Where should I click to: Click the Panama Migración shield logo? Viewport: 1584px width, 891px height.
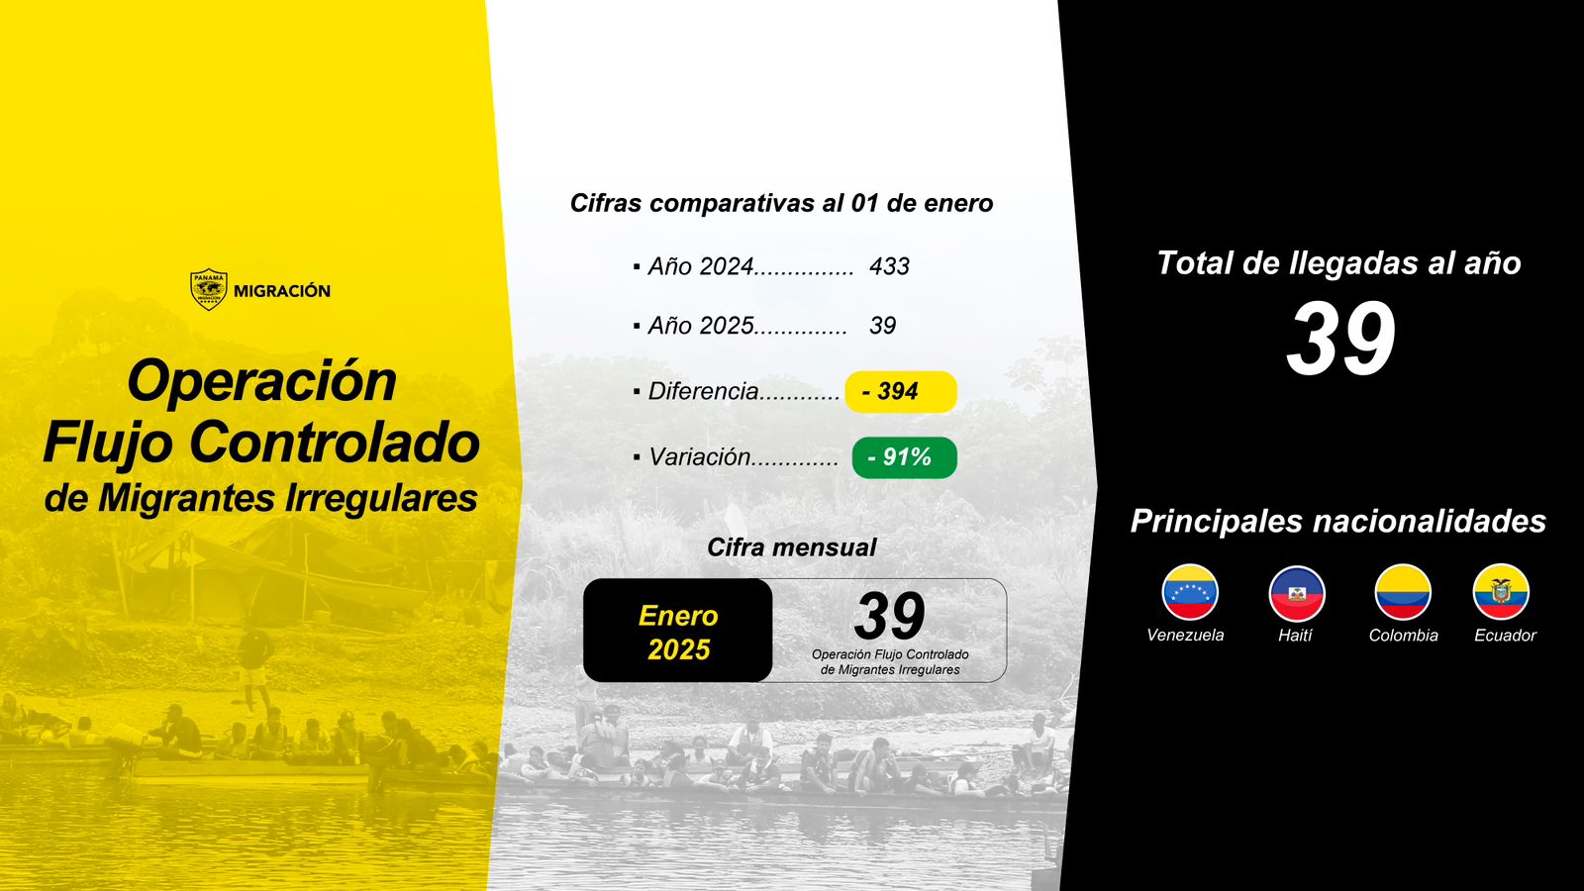point(209,289)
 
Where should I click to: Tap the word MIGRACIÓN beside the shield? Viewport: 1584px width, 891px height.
point(282,291)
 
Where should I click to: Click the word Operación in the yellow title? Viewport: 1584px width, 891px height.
point(261,382)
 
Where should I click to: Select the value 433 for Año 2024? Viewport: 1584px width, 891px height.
point(890,266)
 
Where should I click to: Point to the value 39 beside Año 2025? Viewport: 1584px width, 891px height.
point(882,326)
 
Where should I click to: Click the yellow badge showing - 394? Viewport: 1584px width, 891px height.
point(901,392)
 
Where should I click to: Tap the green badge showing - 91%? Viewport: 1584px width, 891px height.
point(905,457)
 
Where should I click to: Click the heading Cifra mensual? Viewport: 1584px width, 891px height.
point(791,547)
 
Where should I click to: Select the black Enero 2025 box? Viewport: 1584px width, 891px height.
point(677,631)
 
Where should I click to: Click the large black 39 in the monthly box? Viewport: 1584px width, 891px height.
point(890,616)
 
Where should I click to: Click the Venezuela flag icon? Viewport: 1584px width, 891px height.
point(1190,592)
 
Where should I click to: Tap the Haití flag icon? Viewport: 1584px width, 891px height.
point(1297,593)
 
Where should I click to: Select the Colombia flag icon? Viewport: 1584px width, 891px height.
point(1403,592)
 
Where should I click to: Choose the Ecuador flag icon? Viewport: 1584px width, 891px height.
point(1501,592)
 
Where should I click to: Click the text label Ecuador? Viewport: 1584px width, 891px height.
point(1505,635)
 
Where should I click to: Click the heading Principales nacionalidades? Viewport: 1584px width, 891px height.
point(1337,521)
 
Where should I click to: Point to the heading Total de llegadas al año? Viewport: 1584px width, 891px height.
point(1338,263)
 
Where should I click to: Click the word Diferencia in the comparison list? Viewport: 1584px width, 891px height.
point(703,391)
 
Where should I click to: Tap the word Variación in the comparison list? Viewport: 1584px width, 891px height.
point(699,456)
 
